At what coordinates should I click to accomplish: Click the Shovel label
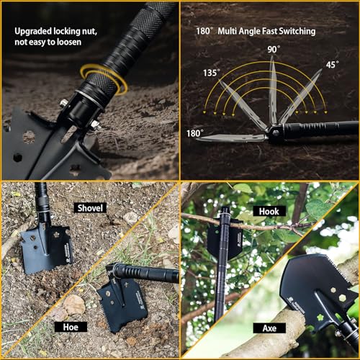tap(90, 208)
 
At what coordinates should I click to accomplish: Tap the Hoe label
tap(71, 327)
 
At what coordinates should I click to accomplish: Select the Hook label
tap(269, 211)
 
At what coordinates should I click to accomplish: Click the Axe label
tap(269, 328)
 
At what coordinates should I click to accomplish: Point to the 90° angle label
tap(274, 50)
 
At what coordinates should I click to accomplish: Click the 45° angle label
tap(333, 65)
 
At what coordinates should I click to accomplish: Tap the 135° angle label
tap(212, 73)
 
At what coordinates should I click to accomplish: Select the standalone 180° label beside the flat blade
tap(195, 133)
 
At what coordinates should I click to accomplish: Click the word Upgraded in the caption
tap(33, 32)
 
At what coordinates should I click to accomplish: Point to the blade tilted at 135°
tap(243, 104)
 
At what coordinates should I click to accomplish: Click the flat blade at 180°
tap(232, 138)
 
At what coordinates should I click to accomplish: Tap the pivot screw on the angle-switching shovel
tap(276, 132)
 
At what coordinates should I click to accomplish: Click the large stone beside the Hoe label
tap(75, 304)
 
